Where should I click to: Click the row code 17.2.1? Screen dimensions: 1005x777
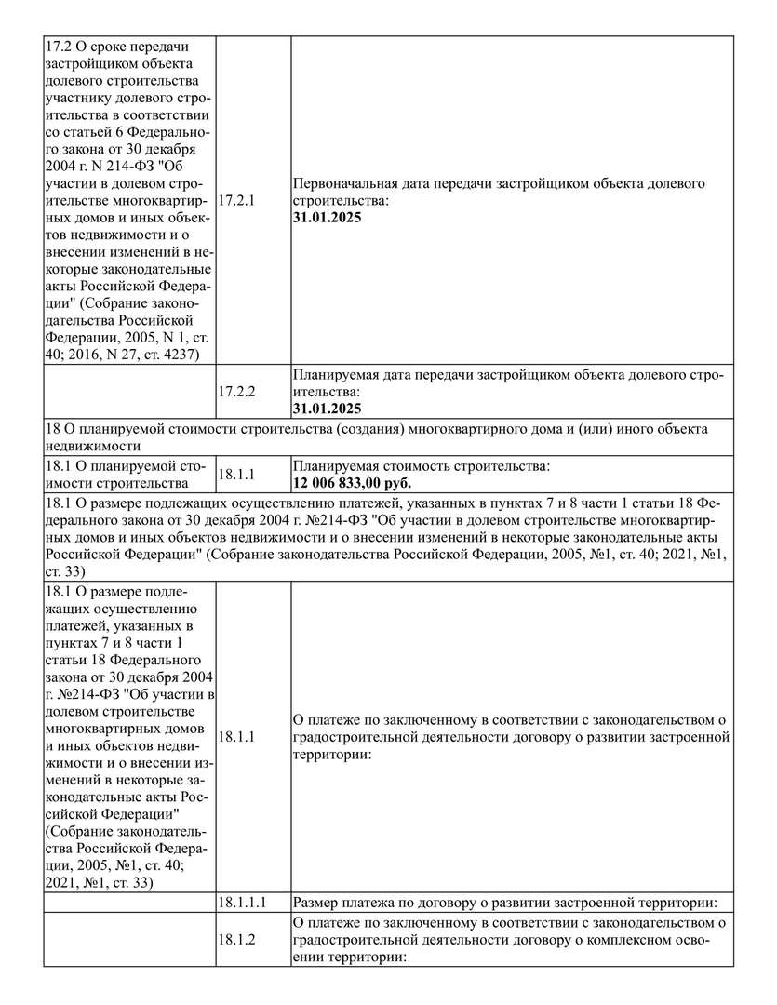pyautogui.click(x=235, y=200)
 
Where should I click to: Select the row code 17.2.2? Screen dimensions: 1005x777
pyautogui.click(x=235, y=392)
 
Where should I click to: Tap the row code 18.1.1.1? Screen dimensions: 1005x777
pyautogui.click(x=243, y=903)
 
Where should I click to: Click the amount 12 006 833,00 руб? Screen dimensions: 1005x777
pyautogui.click(x=352, y=483)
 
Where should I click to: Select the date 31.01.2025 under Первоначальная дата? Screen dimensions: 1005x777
pyautogui.click(x=327, y=217)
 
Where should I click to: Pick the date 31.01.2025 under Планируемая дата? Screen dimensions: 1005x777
pyautogui.click(x=327, y=409)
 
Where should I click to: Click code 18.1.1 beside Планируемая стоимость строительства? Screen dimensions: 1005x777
pyautogui.click(x=235, y=475)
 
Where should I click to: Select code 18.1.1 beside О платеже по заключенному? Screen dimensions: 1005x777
pyautogui.click(x=235, y=737)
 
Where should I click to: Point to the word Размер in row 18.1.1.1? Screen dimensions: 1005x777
pyautogui.click(x=316, y=903)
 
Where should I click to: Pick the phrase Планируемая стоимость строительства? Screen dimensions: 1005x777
pyautogui.click(x=422, y=465)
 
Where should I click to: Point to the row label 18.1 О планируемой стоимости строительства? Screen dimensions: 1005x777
pyautogui.click(x=125, y=475)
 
